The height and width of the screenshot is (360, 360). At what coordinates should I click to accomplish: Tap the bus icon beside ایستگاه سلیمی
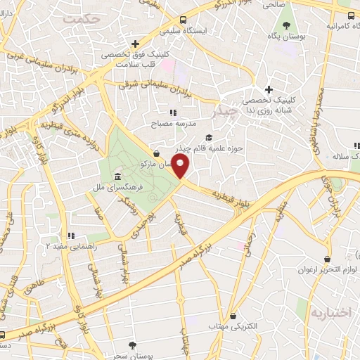[183, 20]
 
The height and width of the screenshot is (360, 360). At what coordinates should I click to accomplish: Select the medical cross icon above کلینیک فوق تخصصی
[134, 44]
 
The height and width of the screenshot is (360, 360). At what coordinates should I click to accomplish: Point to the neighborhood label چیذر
[224, 110]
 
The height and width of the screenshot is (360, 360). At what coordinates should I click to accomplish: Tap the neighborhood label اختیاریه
[329, 312]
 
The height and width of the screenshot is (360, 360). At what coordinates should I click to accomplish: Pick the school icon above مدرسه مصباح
[172, 112]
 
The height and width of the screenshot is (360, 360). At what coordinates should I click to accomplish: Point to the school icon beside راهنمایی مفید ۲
[70, 235]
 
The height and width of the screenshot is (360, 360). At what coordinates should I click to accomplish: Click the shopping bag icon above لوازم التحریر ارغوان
[326, 259]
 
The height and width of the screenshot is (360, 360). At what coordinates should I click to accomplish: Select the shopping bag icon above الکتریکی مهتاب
[243, 316]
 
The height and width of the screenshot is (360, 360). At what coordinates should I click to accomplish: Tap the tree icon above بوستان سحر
[132, 344]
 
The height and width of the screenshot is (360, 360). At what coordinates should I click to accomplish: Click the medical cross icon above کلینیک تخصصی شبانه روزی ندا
[269, 89]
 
